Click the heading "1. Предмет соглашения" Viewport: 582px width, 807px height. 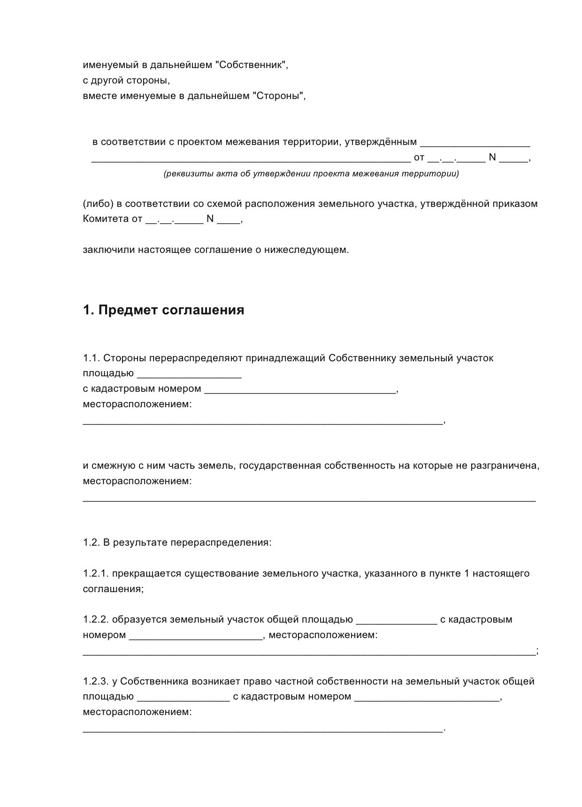[x=163, y=310]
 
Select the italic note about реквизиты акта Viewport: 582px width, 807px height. [x=311, y=174]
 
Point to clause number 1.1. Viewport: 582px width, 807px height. [x=91, y=358]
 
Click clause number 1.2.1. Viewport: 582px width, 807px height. [x=96, y=573]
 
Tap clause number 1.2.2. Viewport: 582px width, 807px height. [x=96, y=620]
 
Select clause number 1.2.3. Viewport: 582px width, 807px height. [x=96, y=681]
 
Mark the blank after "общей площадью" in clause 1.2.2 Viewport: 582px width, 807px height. [x=397, y=621]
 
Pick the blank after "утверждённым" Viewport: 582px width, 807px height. [x=475, y=143]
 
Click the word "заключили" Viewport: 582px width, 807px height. [x=108, y=250]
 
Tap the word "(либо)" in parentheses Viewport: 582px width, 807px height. [x=97, y=204]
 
